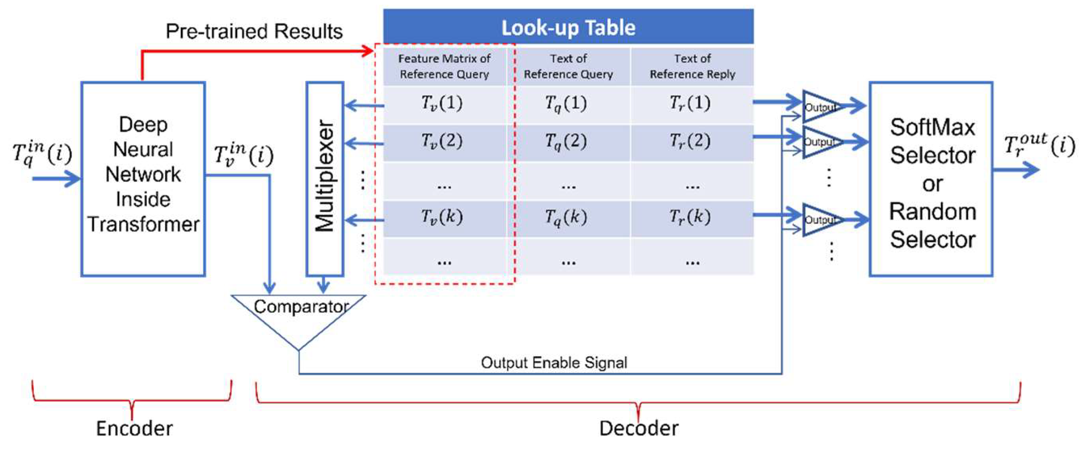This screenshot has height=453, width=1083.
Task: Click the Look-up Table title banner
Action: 568,27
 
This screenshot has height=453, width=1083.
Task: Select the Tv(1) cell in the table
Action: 442,103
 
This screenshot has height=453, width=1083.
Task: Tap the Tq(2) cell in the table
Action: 566,142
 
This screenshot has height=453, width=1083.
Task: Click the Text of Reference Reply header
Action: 692,67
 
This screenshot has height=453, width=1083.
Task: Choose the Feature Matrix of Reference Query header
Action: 445,67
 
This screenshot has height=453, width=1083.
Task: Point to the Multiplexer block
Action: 325,178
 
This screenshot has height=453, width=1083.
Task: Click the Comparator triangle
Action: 299,316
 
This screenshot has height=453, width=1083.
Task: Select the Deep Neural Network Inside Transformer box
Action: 143,178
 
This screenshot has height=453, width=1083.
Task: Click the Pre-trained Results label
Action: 254,32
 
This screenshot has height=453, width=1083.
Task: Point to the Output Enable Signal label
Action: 554,363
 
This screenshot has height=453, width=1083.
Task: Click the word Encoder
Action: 134,428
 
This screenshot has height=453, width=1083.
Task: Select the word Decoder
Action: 638,428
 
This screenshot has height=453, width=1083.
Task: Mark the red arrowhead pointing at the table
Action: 368,52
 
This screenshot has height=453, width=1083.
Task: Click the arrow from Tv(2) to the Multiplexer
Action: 364,143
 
